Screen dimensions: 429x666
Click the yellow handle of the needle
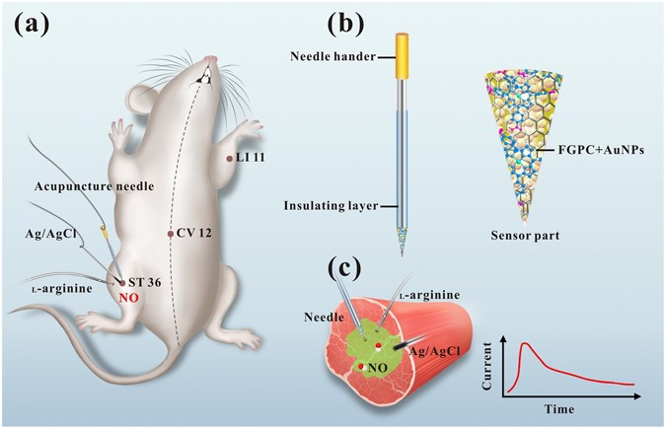click(403, 56)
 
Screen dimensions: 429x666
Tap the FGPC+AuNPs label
click(593, 149)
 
